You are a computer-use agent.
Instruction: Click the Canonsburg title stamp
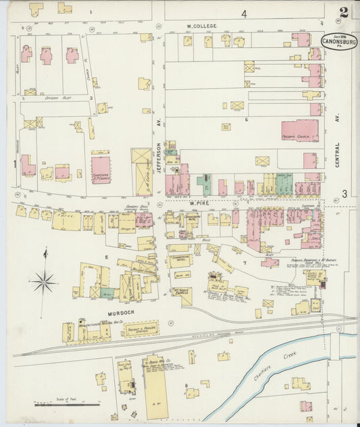[340, 41]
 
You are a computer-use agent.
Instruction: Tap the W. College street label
[202, 26]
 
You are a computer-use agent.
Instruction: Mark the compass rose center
[44, 281]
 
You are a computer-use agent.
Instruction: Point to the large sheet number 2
[344, 12]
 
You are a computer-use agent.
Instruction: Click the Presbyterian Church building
[299, 130]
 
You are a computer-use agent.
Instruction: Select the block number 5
[106, 257]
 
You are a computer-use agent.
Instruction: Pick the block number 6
[247, 120]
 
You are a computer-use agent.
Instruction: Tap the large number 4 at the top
[244, 13]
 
